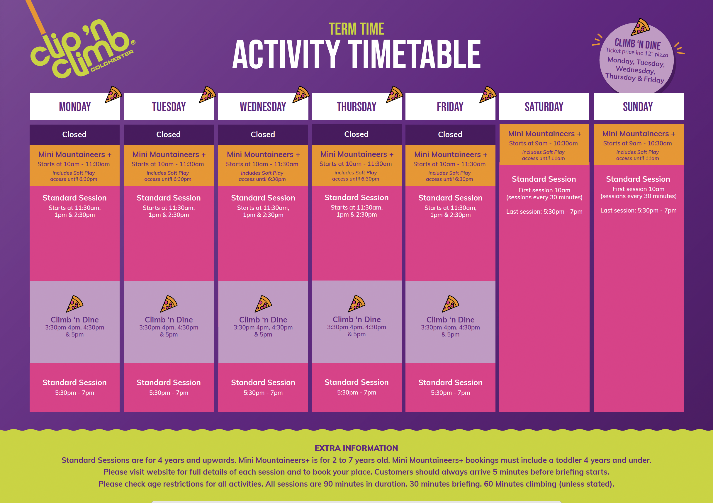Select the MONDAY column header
75,106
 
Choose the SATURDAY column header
544,106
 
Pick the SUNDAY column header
639,106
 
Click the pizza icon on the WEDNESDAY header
301,94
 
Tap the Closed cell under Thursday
356,134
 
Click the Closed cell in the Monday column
74,135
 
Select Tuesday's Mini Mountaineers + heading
169,154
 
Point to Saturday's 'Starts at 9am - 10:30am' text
544,143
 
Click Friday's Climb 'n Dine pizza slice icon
450,304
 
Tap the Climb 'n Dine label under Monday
74,320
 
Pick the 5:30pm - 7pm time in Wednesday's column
263,393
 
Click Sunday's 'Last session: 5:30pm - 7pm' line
639,210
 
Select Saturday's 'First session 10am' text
544,190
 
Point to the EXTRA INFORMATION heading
356,448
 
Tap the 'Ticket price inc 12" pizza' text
636,52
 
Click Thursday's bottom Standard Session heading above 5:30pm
356,382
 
